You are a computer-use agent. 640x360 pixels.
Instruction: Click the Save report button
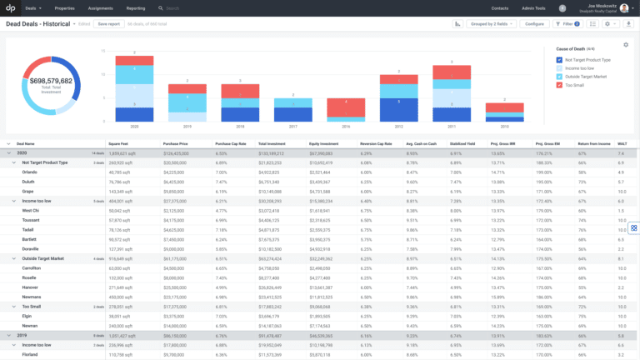tap(108, 24)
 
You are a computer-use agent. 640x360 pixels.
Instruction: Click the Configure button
tap(534, 24)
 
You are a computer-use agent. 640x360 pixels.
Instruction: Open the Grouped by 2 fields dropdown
tap(494, 24)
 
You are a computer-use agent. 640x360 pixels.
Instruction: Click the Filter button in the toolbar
tap(567, 24)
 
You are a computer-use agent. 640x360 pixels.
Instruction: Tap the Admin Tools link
tap(533, 7)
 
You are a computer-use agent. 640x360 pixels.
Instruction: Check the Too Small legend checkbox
tap(559, 84)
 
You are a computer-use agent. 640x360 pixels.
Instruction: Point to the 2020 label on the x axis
tap(122, 127)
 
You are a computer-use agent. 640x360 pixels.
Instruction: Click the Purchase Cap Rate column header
tap(227, 144)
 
